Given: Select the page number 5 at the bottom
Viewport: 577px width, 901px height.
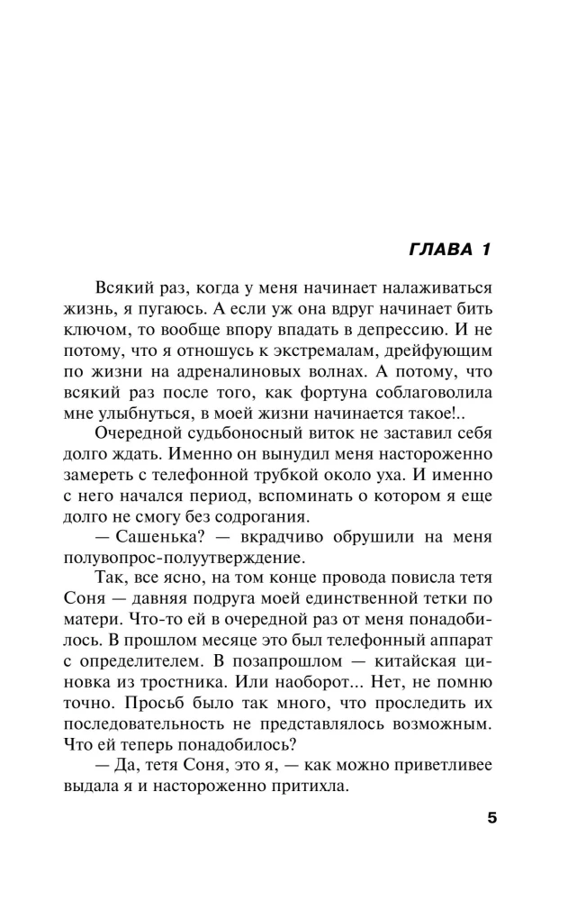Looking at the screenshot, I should (491, 818).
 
